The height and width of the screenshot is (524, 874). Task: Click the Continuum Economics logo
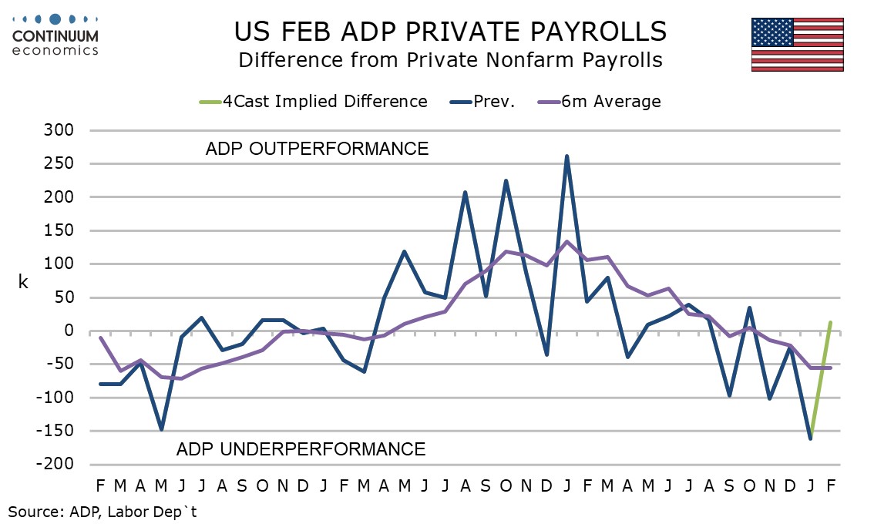point(55,34)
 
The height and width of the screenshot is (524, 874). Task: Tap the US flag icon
point(797,44)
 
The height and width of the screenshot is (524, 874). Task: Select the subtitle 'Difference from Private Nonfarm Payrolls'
point(451,59)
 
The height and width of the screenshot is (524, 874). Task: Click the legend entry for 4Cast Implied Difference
point(324,101)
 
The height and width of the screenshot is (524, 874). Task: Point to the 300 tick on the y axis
point(59,130)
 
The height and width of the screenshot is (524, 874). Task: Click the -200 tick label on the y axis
point(56,465)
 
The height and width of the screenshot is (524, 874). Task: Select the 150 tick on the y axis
point(59,230)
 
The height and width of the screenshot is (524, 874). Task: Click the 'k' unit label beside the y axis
point(23,283)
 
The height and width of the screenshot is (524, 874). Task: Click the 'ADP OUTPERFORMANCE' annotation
point(317,149)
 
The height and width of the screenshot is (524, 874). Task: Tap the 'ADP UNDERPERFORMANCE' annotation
point(301,448)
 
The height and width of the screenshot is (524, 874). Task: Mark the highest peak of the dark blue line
point(567,156)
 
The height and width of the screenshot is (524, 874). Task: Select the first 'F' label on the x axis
point(100,485)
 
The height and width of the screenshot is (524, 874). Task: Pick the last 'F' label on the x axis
point(831,485)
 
